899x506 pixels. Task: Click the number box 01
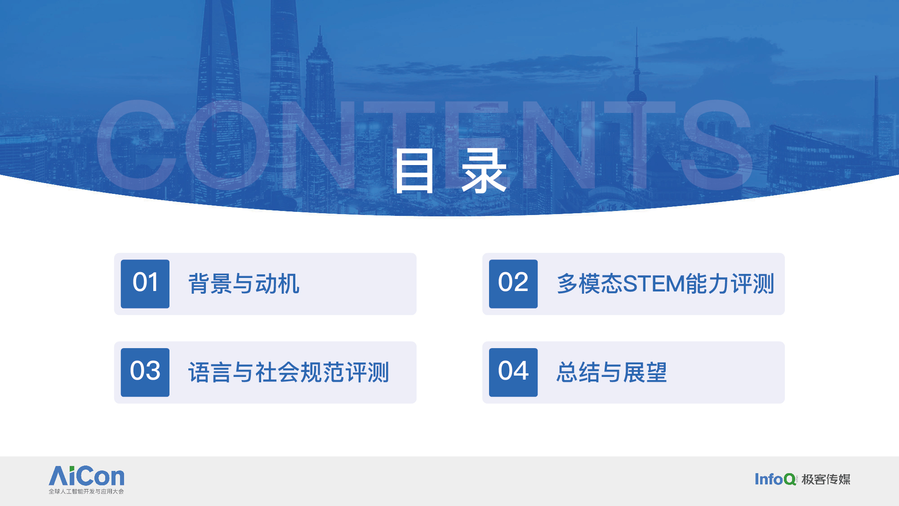[x=145, y=284]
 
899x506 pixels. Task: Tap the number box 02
[x=513, y=284]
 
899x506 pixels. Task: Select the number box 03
[x=145, y=372]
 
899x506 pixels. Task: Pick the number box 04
[x=513, y=372]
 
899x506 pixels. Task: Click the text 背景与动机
[x=244, y=284]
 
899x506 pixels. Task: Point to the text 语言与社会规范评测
[x=289, y=372]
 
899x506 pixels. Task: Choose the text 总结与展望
[x=612, y=372]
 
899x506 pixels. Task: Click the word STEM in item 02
[x=654, y=284]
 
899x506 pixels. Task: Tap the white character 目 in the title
[x=414, y=171]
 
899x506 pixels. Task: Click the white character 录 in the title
[x=484, y=171]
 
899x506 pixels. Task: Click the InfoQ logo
[x=775, y=479]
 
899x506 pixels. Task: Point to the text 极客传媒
[x=826, y=479]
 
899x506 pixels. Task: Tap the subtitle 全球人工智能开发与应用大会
[x=86, y=491]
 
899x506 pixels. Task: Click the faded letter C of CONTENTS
[x=138, y=145]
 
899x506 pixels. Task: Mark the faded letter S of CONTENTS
[x=717, y=145]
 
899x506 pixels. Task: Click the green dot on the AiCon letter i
[x=73, y=469]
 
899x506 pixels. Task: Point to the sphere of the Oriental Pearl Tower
[x=636, y=96]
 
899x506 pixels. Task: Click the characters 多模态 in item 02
[x=590, y=284]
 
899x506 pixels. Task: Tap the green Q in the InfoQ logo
[x=790, y=479]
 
